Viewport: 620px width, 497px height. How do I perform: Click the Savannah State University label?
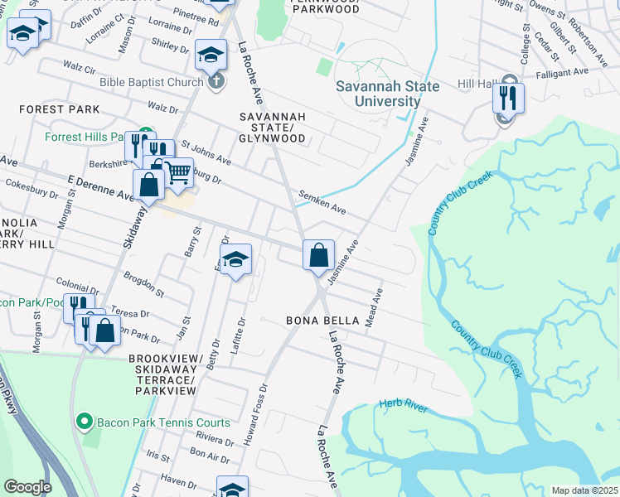(x=378, y=94)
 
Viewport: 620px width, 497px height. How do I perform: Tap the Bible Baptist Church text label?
(x=151, y=82)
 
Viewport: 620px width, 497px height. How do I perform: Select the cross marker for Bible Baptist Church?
(x=216, y=81)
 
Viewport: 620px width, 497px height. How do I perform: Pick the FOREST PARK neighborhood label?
(x=59, y=109)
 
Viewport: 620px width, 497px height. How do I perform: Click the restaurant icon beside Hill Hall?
(x=508, y=99)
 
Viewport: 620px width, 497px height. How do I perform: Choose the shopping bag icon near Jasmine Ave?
(x=318, y=255)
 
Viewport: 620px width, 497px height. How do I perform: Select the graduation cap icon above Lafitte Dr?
(x=235, y=260)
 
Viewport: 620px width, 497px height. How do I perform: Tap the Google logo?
(x=28, y=487)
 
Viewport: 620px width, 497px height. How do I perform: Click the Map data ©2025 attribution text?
(x=584, y=490)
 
